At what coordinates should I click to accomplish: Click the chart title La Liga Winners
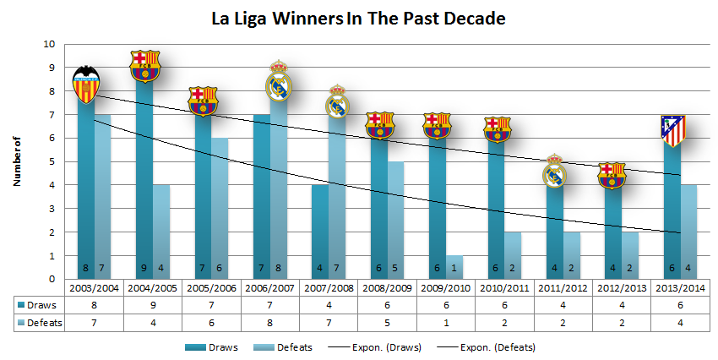358,18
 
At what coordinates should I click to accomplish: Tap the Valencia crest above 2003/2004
85,83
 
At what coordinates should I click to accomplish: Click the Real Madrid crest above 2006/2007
279,82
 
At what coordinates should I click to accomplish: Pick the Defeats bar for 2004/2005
160,232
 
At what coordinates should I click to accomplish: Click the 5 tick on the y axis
52,161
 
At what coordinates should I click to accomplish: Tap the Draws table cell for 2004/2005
144,303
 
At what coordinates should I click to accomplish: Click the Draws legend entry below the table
221,346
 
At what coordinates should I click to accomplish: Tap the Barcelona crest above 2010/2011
497,128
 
